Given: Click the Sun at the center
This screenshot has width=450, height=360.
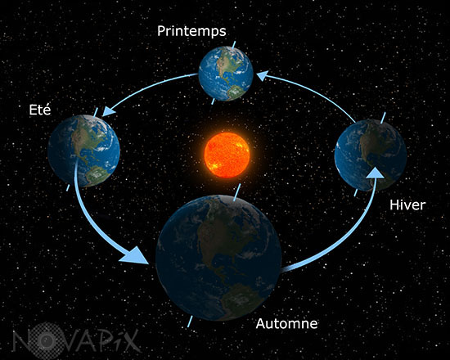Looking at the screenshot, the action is click(x=227, y=155).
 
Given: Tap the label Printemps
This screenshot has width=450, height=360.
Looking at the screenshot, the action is click(x=191, y=31).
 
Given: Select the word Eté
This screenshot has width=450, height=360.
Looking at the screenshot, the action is click(x=40, y=110).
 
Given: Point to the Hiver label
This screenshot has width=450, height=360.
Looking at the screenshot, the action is click(x=407, y=205).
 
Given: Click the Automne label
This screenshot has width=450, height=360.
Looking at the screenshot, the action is click(x=286, y=323).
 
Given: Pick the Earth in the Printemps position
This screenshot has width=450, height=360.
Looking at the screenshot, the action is click(x=226, y=74).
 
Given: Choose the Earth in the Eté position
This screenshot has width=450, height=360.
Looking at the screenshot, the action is click(x=83, y=151).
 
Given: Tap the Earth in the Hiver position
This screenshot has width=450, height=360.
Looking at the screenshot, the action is click(x=371, y=155).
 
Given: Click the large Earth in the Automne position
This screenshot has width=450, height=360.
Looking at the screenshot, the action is click(x=218, y=258).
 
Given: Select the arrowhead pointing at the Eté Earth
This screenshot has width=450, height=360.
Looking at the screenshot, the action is click(x=109, y=111).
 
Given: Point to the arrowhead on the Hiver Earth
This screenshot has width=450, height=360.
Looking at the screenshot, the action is click(x=375, y=173).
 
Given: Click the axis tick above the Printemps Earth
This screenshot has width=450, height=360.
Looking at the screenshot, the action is click(x=234, y=44).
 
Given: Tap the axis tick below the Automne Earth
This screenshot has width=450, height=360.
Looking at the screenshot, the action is click(x=190, y=322).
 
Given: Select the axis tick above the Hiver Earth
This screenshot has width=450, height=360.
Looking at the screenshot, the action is click(x=383, y=118).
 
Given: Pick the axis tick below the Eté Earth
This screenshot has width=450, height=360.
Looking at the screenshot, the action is click(x=68, y=187).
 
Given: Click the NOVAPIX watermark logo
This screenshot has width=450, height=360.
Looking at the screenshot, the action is click(x=77, y=340).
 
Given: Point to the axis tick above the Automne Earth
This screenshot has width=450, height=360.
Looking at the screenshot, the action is click(x=237, y=192).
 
